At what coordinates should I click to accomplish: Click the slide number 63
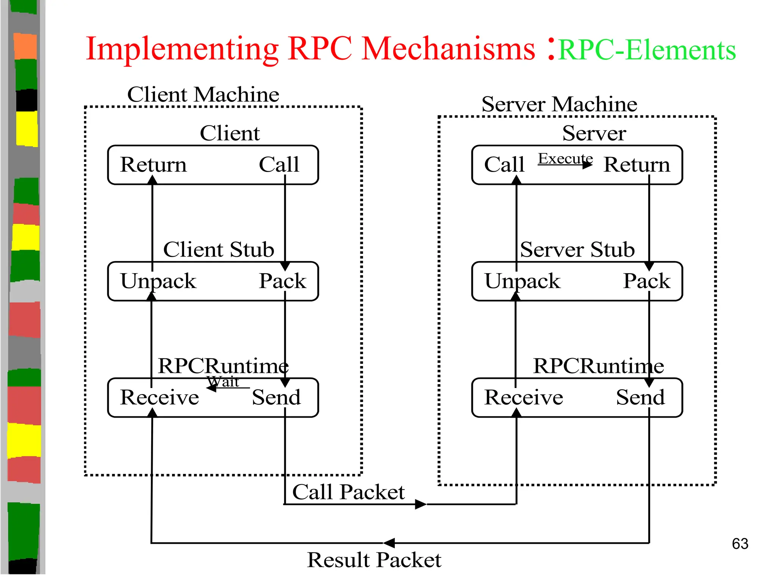click(740, 544)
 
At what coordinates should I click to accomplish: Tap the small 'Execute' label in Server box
click(565, 158)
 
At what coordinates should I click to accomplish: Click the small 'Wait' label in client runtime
click(224, 381)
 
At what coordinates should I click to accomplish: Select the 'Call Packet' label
click(348, 492)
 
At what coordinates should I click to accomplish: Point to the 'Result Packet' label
click(374, 560)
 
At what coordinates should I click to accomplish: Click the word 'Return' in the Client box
click(153, 164)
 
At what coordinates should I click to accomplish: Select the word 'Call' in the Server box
click(504, 164)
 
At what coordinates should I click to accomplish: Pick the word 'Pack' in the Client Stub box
click(282, 281)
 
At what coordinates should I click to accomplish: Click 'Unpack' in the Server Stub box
click(522, 281)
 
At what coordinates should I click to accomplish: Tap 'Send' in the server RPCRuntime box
click(640, 397)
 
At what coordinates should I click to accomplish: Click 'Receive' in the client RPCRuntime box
click(160, 397)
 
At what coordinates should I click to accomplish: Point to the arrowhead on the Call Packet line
click(421, 504)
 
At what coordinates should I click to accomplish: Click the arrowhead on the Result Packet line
click(389, 543)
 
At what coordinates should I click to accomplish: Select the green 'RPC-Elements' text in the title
click(647, 50)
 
